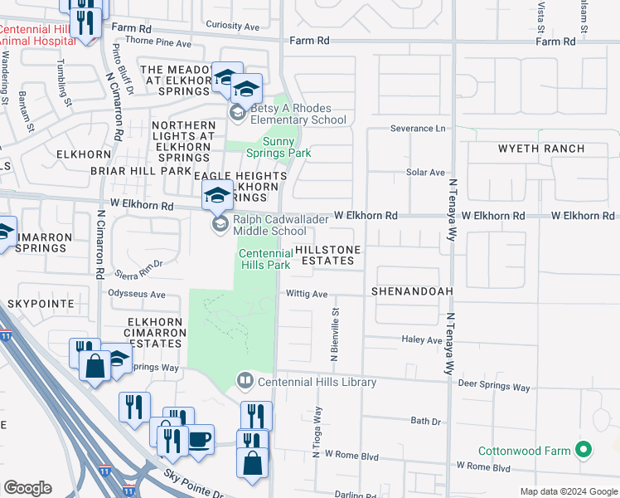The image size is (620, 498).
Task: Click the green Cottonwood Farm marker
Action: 584,451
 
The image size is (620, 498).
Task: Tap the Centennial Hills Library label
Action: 317,382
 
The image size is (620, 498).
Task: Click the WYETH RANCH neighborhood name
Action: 541,149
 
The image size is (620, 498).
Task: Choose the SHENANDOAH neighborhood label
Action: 412,292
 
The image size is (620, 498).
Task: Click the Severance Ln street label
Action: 419,129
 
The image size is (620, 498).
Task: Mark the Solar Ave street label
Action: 426,172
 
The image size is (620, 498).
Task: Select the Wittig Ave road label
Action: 308,294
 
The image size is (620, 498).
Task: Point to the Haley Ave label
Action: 423,339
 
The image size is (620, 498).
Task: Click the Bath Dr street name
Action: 425,422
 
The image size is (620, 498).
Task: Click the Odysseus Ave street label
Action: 138,294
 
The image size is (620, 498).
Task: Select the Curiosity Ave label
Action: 232,27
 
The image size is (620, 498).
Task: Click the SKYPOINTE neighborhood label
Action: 41,305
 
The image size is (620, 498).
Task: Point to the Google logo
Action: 27,488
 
